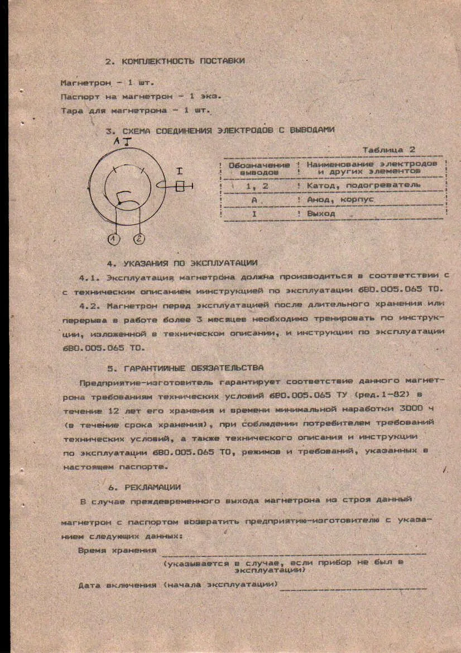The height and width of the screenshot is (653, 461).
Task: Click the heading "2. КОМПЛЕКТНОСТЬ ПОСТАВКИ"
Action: click(175, 61)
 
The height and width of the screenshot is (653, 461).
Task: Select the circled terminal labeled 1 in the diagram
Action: click(114, 239)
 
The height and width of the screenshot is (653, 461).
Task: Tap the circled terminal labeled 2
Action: click(138, 239)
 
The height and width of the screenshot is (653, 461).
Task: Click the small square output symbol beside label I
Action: click(180, 188)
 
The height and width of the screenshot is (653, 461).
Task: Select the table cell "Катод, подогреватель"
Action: click(363, 185)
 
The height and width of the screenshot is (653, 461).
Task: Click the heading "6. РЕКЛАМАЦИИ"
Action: click(145, 487)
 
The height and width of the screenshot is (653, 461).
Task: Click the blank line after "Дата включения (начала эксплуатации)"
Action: click(354, 587)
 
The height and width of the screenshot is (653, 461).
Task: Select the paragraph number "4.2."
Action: click(90, 306)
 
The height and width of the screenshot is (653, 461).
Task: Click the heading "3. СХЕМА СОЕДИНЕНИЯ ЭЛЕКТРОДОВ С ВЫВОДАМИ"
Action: click(220, 130)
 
